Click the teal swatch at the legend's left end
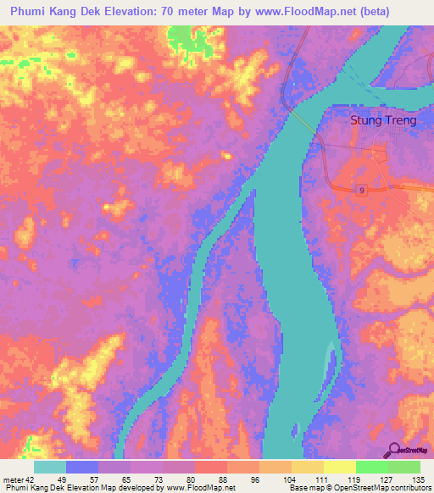tap(50, 467)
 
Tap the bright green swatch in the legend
tap(371, 467)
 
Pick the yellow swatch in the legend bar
tap(339, 467)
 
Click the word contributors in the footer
tap(406, 487)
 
